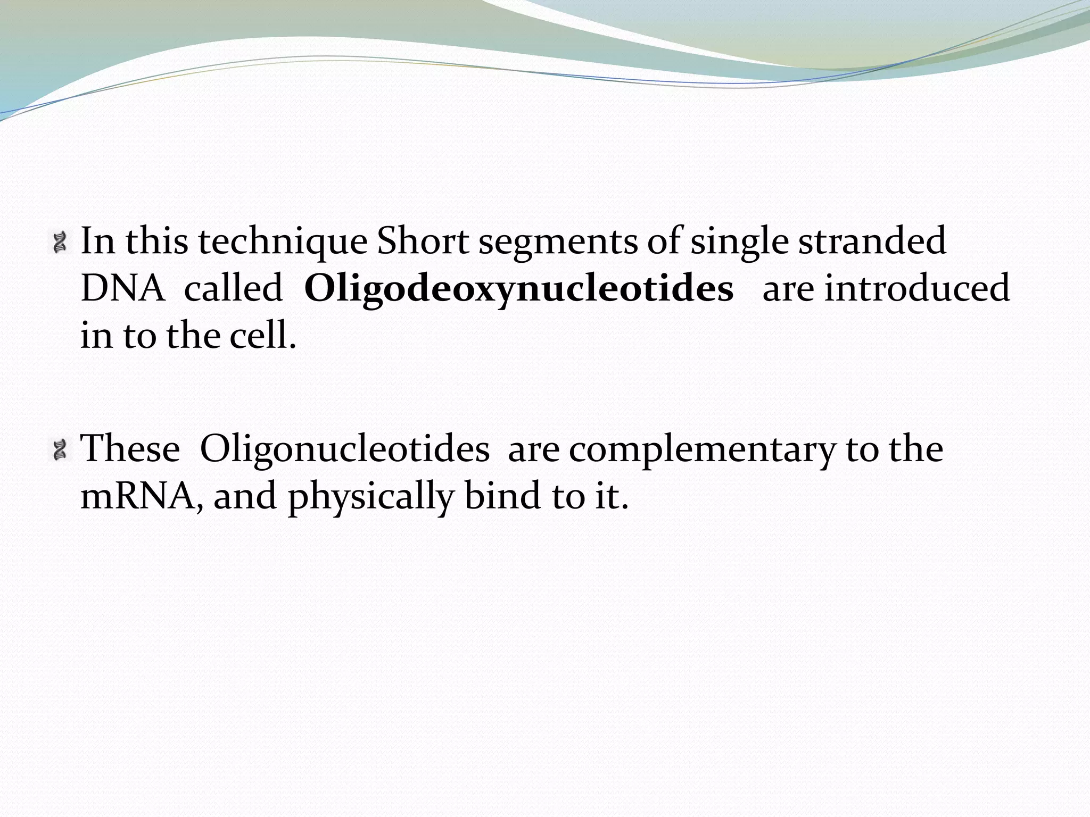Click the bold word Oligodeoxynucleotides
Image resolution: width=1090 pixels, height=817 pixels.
(519, 290)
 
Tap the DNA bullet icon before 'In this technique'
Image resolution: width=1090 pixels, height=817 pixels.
(60, 241)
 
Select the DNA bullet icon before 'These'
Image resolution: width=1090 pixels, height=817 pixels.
(60, 449)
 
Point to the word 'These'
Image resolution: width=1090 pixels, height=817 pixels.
(130, 449)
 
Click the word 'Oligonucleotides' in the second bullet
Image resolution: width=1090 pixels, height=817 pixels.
(344, 449)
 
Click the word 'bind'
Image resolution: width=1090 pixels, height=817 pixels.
(503, 496)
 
